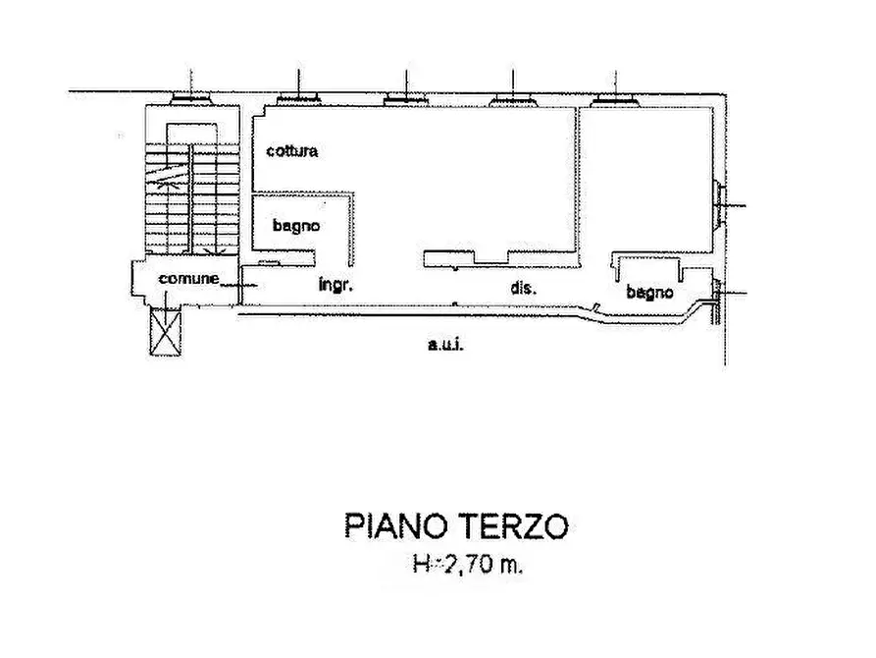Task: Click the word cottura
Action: point(290,151)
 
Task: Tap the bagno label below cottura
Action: point(295,225)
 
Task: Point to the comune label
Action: point(189,278)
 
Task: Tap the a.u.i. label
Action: point(445,344)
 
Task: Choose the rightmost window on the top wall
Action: point(616,98)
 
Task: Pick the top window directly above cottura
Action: point(296,98)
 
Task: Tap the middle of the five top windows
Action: point(403,98)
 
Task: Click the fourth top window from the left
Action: point(510,98)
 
